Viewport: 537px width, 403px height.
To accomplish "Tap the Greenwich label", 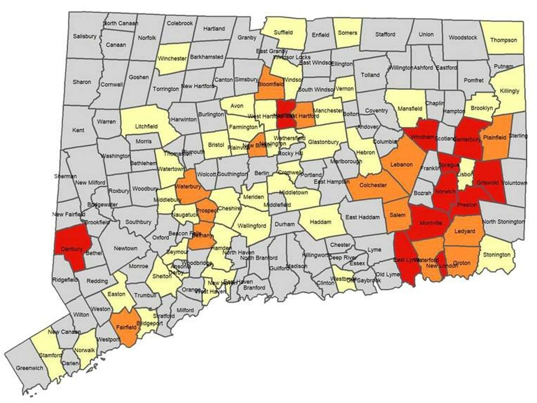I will (29, 368).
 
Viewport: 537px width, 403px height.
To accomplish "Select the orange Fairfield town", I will (126, 327).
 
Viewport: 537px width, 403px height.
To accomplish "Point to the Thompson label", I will (503, 40).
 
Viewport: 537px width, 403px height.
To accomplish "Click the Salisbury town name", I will (84, 36).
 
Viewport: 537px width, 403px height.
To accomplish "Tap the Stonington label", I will (497, 255).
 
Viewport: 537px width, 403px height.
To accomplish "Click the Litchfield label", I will (146, 126).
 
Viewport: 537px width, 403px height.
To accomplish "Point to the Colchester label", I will (373, 185).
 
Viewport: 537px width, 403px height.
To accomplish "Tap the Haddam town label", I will (321, 222).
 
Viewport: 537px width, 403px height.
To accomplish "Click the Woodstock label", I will (463, 37).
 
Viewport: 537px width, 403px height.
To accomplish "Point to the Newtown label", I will (126, 248).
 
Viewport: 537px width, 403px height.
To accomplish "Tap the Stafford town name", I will (385, 34).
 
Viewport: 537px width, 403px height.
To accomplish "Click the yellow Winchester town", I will (172, 59).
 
